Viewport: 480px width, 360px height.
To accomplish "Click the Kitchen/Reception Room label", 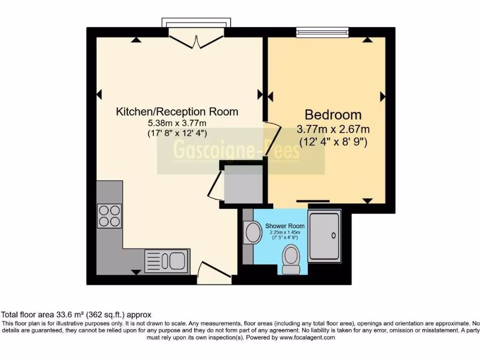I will (177, 112).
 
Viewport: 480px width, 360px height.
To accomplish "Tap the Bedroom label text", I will (333, 114).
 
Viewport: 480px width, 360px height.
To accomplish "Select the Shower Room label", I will (282, 226).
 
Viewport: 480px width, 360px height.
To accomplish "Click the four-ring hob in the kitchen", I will (109, 216).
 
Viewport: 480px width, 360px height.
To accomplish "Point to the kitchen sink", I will (166, 260).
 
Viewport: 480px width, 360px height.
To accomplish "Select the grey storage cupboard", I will (243, 185).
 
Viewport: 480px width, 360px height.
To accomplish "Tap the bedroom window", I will (323, 32).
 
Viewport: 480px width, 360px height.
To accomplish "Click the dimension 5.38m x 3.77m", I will (177, 123).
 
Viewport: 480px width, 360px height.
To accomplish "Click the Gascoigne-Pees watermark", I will (236, 151).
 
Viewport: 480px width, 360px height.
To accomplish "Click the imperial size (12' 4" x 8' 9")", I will (333, 141).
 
